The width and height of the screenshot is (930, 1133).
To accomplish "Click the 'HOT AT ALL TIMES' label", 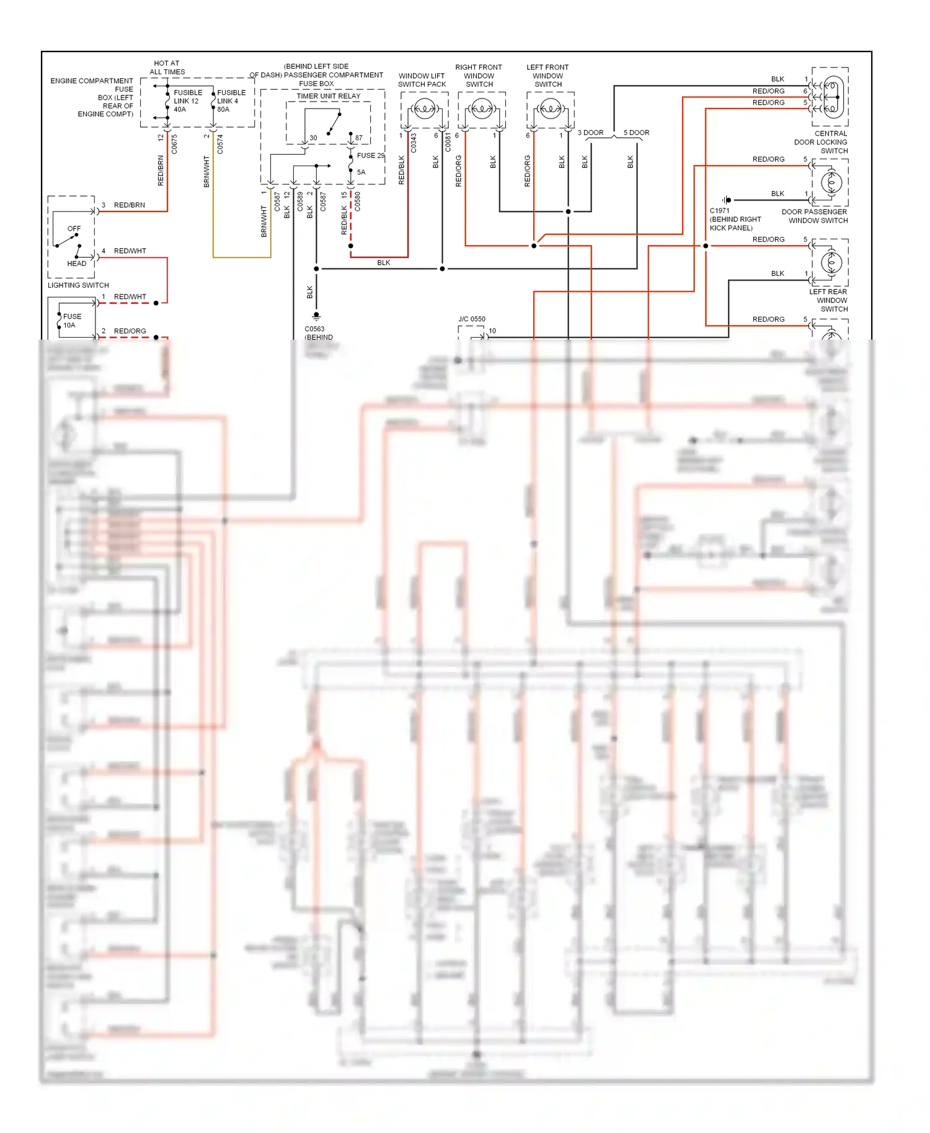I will pos(167,68).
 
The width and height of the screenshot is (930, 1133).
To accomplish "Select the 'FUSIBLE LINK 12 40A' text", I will pos(187,101).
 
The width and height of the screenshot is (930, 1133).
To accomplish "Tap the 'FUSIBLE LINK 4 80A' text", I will pos(231,101).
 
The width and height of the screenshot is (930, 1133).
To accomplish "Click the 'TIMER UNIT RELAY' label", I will pos(328,96).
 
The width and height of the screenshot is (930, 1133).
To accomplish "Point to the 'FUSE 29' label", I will pos(370,156).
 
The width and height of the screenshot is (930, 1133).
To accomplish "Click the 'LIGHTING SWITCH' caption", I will pos(78,285).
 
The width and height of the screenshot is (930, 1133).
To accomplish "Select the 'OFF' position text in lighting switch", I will pos(74,229).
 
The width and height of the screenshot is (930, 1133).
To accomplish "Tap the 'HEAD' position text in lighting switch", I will pos(76,263).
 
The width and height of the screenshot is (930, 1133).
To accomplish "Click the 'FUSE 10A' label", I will pos(71,320).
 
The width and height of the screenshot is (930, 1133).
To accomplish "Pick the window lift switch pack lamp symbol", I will pos(424,109).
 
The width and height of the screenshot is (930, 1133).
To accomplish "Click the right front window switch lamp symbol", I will pos(482,109).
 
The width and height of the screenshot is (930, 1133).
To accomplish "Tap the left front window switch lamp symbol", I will pos(551,109).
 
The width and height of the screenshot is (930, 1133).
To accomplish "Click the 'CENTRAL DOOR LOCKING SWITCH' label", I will pos(821,142).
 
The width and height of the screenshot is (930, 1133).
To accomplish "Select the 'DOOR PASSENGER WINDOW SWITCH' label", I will pos(815,216).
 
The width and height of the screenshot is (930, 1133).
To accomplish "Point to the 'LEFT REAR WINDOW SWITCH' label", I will pos(828,300).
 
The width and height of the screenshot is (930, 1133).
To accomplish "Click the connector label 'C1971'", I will pos(719,211).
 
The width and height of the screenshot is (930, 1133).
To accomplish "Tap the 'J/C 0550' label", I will pos(472,319).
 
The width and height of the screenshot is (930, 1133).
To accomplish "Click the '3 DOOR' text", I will pos(590,133).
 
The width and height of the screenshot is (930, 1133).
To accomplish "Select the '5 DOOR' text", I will pos(636,133).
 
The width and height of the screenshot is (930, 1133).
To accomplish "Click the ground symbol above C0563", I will pos(316,315).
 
